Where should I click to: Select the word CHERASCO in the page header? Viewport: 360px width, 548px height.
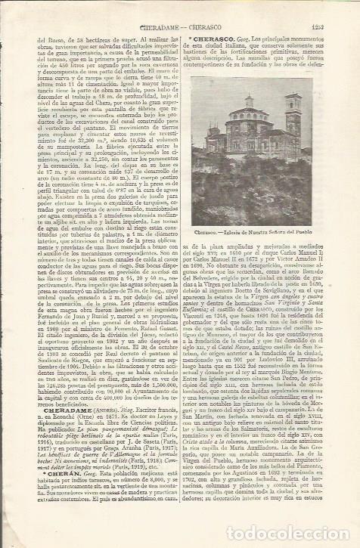(x=216, y=7)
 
